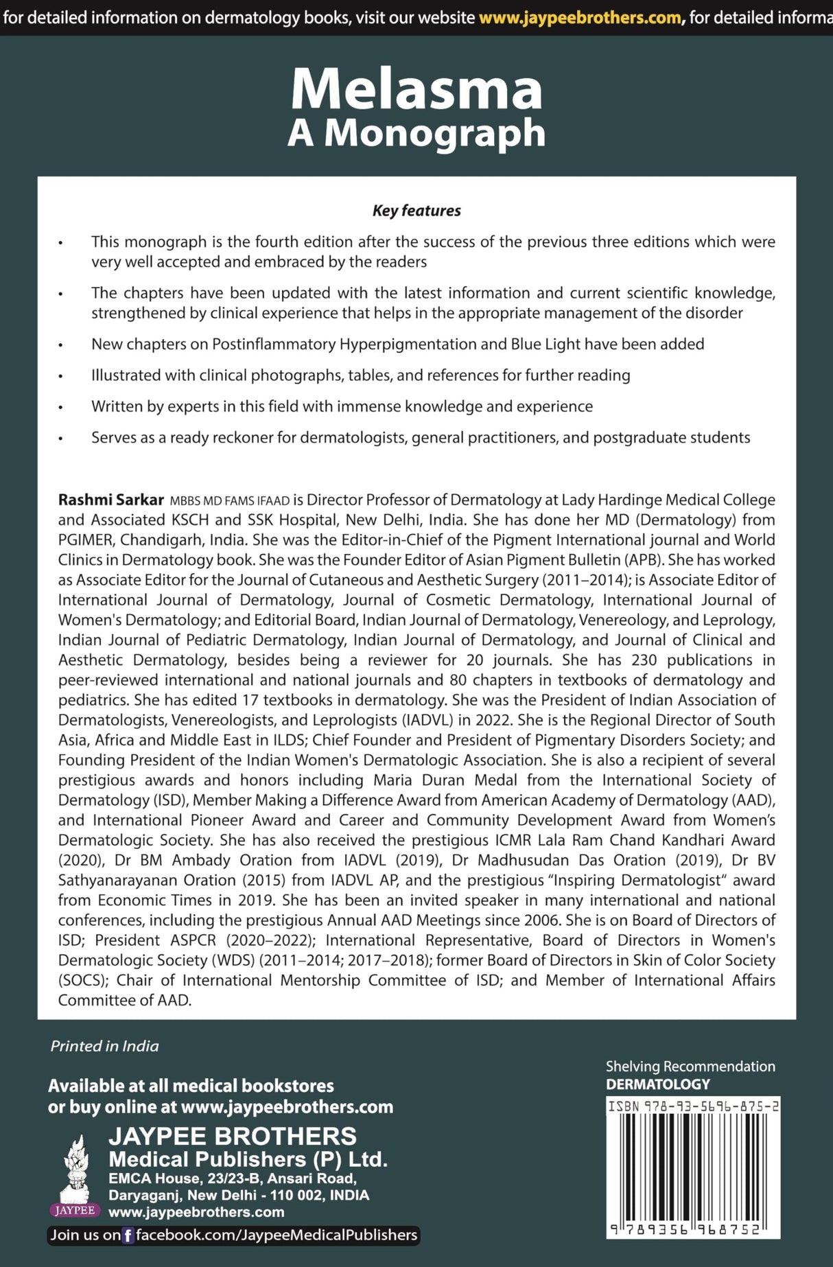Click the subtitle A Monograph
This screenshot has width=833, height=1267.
tap(416, 133)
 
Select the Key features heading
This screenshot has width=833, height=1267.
tap(416, 211)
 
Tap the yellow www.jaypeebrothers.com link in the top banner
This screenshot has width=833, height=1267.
tap(580, 17)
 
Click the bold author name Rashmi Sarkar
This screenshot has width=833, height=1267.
tap(110, 500)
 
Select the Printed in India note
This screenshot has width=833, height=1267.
tap(104, 1046)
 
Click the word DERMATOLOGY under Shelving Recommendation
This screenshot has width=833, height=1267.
tap(657, 1084)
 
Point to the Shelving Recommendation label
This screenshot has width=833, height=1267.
tap(690, 1067)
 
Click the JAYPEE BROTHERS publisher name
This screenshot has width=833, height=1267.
tap(233, 1136)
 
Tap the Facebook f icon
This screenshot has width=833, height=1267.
tap(128, 1235)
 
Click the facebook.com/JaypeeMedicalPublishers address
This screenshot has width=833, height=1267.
tap(276, 1235)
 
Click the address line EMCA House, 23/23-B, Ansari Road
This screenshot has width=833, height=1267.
tap(232, 1178)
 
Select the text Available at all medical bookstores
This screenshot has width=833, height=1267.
tap(191, 1086)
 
